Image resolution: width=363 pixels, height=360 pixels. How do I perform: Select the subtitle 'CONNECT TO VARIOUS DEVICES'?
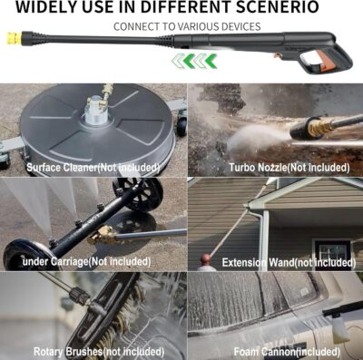pyautogui.click(x=187, y=26)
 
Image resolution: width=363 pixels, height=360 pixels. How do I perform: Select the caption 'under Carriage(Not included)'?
pyautogui.click(x=89, y=261)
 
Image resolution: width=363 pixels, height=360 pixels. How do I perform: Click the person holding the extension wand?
pyautogui.click(x=207, y=262)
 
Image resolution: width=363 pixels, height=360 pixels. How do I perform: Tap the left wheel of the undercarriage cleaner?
pyautogui.click(x=20, y=255)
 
